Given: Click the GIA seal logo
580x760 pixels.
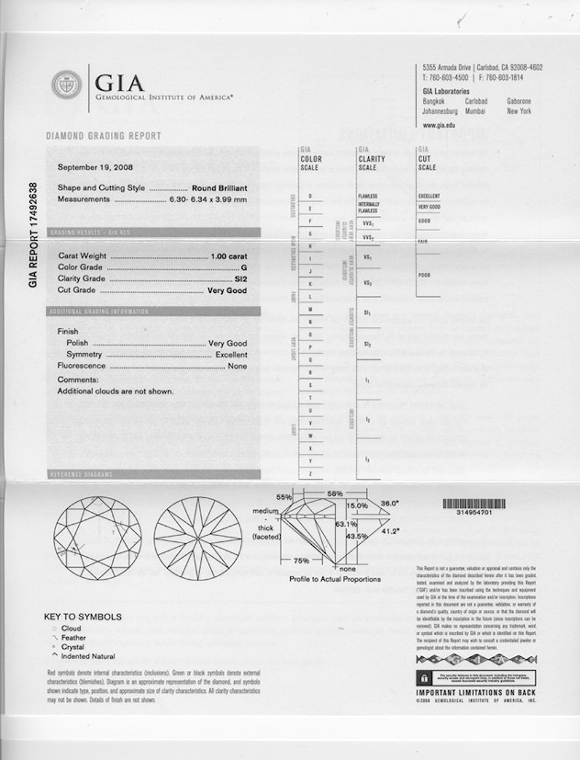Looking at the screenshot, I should pyautogui.click(x=66, y=86).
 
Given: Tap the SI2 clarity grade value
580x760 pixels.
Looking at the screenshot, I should pyautogui.click(x=241, y=278).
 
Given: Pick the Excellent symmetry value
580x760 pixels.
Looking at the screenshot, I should pyautogui.click(x=231, y=354).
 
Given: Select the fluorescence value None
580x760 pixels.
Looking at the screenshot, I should pyautogui.click(x=238, y=366).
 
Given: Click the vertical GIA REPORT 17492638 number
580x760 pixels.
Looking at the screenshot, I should pyautogui.click(x=34, y=235).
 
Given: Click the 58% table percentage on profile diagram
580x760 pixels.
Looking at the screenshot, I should pyautogui.click(x=335, y=493).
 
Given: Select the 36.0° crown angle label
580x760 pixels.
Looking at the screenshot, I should pyautogui.click(x=390, y=504).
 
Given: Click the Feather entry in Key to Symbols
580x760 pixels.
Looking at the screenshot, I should pyautogui.click(x=74, y=637).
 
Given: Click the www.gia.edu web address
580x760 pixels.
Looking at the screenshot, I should pyautogui.click(x=441, y=124).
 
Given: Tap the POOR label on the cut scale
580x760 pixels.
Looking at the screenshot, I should pyautogui.click(x=426, y=275).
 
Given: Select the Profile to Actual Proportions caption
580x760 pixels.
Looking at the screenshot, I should pyautogui.click(x=334, y=580).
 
